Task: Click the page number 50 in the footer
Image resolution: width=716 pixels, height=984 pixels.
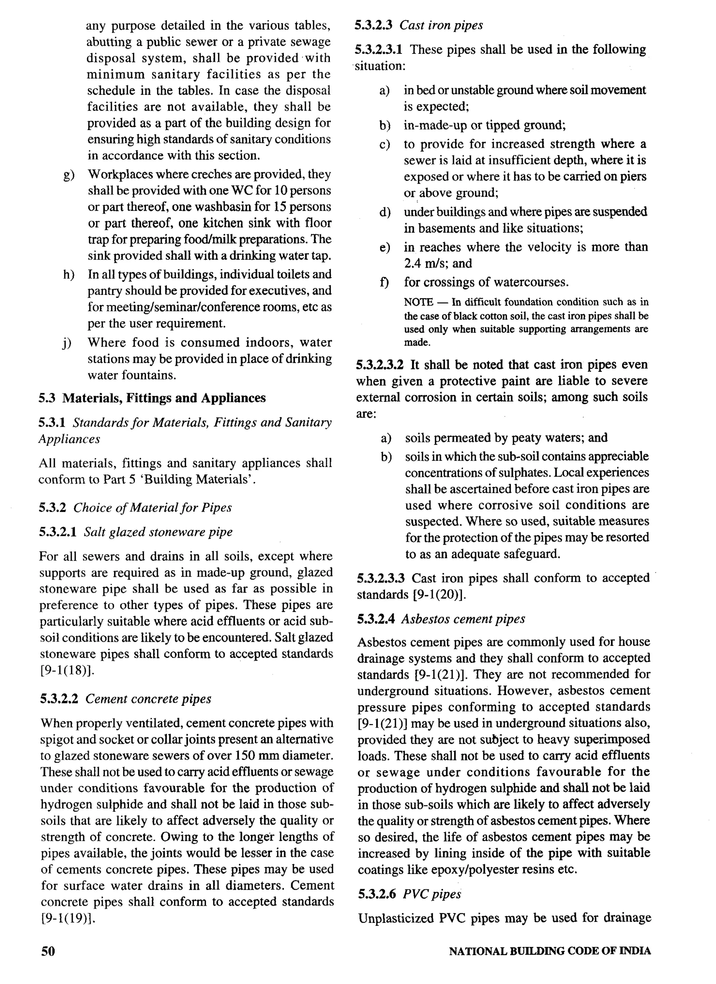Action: (x=48, y=951)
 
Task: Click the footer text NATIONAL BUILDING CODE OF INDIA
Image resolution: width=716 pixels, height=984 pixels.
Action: (x=550, y=952)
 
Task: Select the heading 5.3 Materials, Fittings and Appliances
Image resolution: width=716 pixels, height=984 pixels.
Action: (x=152, y=398)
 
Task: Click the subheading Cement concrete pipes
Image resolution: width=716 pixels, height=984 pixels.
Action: (x=148, y=699)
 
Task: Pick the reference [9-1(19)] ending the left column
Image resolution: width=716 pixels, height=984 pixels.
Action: (x=68, y=918)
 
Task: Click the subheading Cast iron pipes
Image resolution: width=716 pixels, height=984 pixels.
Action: (x=441, y=25)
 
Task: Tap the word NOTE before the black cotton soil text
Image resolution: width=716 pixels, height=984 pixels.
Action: (x=418, y=302)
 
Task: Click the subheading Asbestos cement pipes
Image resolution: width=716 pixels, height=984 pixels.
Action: (x=463, y=619)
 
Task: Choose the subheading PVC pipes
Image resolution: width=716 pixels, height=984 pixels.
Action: (x=432, y=894)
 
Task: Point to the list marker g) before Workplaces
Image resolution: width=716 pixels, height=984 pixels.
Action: (x=69, y=175)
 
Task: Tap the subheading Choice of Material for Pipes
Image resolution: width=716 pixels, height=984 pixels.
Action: (x=152, y=508)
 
